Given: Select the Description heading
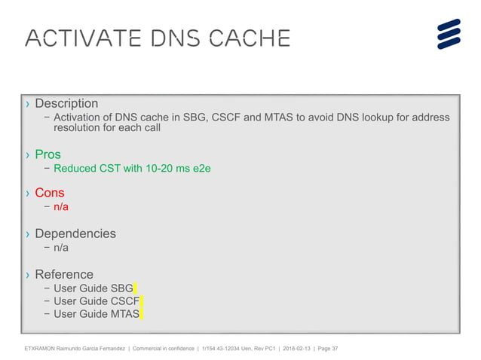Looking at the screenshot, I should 66,103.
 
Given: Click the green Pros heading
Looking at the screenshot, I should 47,155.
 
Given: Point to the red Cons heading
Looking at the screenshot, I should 50,193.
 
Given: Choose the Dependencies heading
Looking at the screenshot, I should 75,233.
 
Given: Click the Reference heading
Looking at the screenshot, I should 64,274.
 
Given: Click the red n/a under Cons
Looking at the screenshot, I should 61,206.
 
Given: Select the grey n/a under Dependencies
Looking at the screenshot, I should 61,247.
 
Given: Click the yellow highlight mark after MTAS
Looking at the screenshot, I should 142,314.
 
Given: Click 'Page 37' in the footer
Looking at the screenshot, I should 326,349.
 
